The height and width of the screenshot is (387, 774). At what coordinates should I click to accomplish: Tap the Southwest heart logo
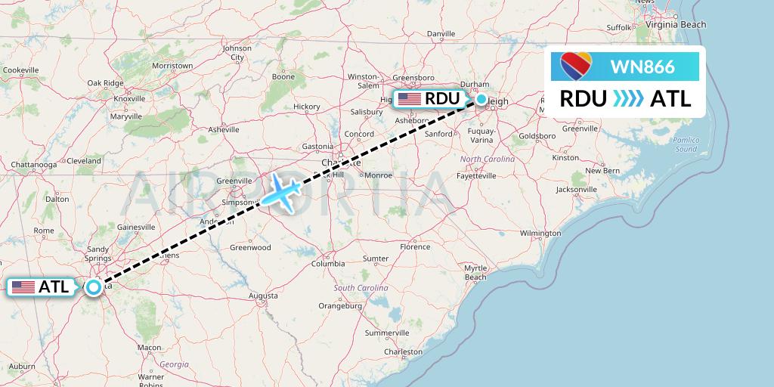click(x=576, y=67)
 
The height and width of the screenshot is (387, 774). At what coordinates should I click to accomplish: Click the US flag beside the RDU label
click(x=410, y=99)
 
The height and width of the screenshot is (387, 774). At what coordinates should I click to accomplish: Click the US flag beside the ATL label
click(x=23, y=287)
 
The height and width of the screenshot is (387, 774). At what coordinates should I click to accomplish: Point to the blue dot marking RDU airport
click(x=481, y=99)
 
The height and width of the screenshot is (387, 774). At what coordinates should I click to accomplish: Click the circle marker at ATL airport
click(x=93, y=287)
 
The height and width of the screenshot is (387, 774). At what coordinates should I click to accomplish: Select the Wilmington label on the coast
click(x=540, y=234)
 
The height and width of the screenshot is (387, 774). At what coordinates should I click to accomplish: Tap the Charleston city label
click(x=402, y=351)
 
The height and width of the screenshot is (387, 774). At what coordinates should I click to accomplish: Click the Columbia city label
click(x=328, y=263)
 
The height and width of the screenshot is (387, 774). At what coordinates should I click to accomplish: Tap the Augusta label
click(x=262, y=295)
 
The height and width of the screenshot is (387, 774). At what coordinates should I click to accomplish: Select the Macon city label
click(x=149, y=347)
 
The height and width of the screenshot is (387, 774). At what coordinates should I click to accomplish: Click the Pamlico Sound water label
click(x=686, y=144)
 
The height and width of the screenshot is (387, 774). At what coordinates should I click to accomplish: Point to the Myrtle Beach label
click(x=475, y=273)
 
